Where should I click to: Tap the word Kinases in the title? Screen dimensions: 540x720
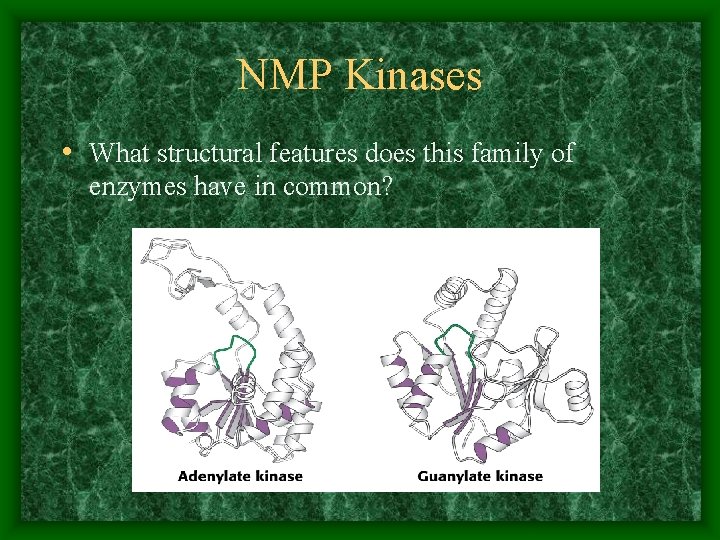tap(413, 76)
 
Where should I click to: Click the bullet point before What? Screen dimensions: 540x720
tap(65, 154)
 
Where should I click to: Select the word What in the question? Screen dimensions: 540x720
tap(119, 154)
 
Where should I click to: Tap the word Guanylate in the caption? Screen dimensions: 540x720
tap(455, 475)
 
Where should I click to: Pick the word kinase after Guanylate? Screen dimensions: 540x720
tap(520, 475)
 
